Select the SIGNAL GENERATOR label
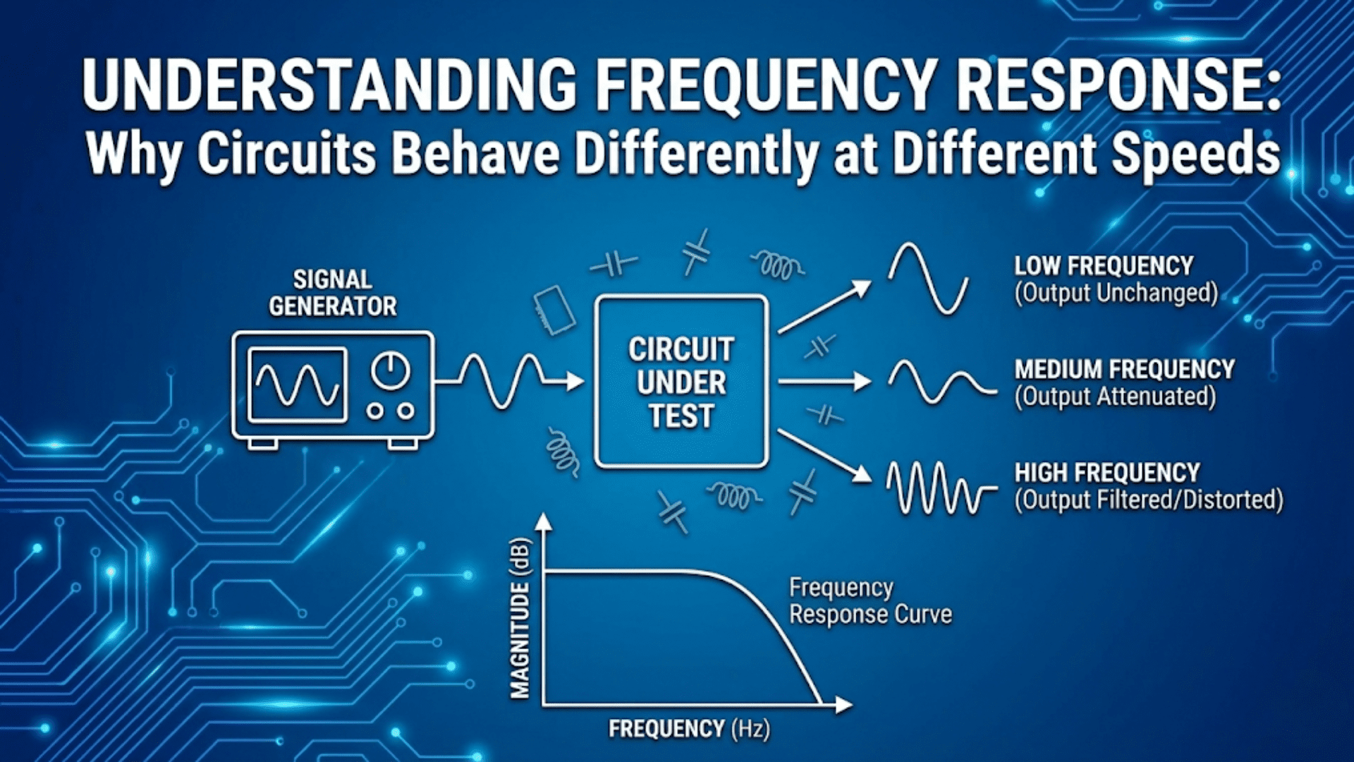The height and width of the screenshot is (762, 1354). click(x=333, y=293)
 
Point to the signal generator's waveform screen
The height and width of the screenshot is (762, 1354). click(x=297, y=385)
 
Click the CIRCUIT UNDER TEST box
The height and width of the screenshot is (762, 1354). click(x=681, y=382)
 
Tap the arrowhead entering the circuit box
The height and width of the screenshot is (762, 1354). click(x=575, y=382)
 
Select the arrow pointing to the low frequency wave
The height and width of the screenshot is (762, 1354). click(x=825, y=306)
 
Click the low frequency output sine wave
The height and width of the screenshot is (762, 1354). click(x=927, y=278)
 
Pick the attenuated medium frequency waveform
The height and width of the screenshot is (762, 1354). click(x=941, y=382)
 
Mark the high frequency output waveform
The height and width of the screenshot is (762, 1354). click(x=938, y=487)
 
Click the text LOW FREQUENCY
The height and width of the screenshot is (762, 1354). click(x=1104, y=266)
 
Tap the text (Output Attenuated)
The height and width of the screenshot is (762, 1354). click(x=1115, y=397)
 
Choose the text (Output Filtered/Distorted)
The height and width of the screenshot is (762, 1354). click(x=1148, y=500)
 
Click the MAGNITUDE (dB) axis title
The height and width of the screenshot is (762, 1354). click(x=520, y=618)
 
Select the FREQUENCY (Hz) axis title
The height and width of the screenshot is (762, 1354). click(x=689, y=728)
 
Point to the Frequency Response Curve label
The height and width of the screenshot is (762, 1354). click(x=870, y=600)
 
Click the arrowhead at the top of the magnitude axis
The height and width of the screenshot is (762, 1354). click(x=542, y=522)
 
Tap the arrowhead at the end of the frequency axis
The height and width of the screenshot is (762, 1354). click(x=843, y=704)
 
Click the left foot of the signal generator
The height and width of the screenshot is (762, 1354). click(x=263, y=444)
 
